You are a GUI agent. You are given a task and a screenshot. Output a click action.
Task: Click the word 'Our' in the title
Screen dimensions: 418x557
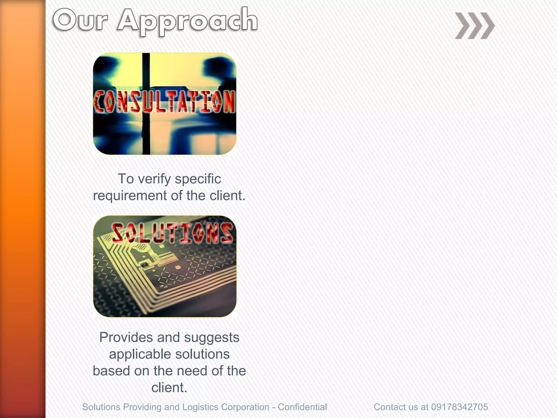click(x=81, y=20)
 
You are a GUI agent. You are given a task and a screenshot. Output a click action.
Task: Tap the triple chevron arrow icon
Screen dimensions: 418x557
click(x=475, y=26)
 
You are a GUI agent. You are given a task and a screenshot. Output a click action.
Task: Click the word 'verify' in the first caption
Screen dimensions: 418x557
click(x=154, y=179)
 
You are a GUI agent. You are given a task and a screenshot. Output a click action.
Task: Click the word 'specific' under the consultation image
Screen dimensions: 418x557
click(x=198, y=179)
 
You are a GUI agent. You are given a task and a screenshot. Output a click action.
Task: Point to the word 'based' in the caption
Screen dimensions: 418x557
click(x=111, y=371)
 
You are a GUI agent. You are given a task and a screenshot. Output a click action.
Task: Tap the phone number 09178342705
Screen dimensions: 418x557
click(x=459, y=407)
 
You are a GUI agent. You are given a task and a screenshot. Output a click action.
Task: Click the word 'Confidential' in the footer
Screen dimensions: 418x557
click(x=302, y=407)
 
